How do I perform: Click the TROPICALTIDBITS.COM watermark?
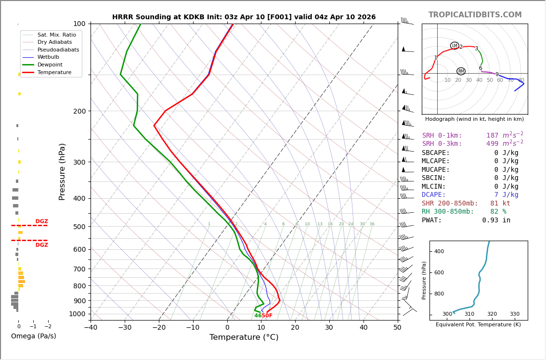[x=475, y=15]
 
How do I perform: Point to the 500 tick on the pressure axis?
[x=79, y=227]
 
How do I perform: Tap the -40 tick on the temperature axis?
[x=91, y=328]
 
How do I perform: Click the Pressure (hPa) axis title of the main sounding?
[x=62, y=171]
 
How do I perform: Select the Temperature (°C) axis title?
[x=244, y=338]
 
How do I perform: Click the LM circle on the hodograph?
[x=455, y=46]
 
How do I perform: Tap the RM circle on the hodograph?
[x=461, y=71]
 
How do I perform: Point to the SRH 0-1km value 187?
[x=492, y=136]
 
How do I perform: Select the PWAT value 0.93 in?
[x=496, y=220]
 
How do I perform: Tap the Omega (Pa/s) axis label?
[x=33, y=336]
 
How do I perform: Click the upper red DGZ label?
[x=41, y=221]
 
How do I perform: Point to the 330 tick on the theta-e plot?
[x=514, y=314]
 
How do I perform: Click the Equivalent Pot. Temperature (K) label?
[x=478, y=325]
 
